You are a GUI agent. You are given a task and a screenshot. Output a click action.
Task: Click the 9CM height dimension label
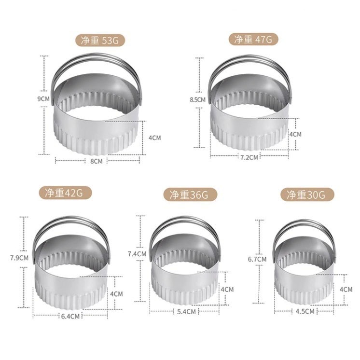[44, 98]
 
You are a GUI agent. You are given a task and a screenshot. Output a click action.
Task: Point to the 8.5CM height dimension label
[198, 99]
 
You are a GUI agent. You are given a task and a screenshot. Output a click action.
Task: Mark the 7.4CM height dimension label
[137, 254]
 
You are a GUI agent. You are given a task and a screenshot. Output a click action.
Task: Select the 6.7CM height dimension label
[257, 259]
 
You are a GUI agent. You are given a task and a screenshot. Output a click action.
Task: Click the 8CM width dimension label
[97, 160]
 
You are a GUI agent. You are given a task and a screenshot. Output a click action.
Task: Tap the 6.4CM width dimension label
[70, 316]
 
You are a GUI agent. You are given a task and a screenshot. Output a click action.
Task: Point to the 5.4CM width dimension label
[186, 311]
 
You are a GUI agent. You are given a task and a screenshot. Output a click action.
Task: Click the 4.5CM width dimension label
[305, 311]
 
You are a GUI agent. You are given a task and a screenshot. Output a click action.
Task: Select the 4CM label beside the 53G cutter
[154, 138]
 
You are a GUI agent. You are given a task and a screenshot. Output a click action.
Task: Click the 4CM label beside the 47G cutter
[295, 134]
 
